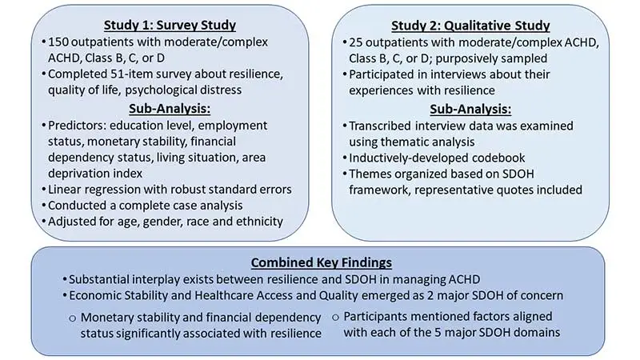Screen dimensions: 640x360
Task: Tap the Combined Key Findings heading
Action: click(320, 262)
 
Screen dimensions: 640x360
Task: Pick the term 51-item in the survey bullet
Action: click(123, 76)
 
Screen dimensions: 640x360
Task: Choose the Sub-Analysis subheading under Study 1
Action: click(164, 109)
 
